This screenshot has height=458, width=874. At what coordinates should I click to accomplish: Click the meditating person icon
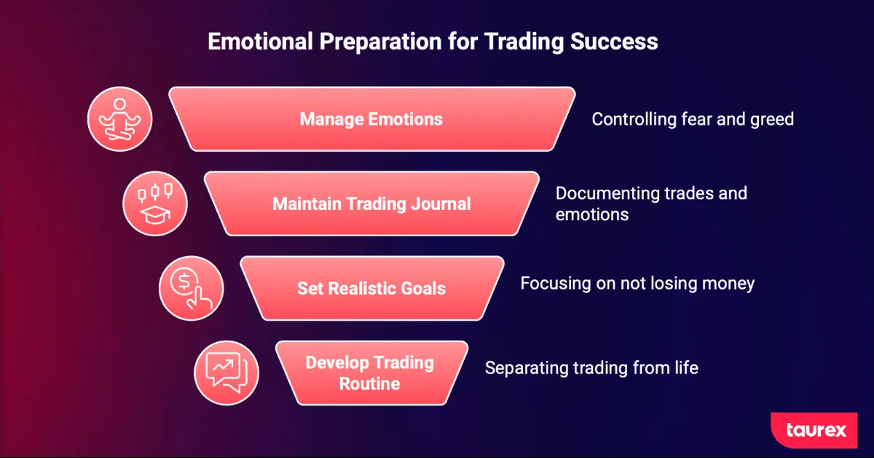(119, 119)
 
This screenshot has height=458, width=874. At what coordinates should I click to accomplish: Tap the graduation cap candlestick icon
(155, 203)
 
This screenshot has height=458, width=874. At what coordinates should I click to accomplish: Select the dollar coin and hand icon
(191, 288)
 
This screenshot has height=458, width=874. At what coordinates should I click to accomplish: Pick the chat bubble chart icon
(227, 373)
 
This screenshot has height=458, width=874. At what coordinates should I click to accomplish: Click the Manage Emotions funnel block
(372, 119)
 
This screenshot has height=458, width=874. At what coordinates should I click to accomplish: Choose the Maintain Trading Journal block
(372, 203)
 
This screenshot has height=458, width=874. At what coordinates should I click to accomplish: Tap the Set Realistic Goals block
(372, 288)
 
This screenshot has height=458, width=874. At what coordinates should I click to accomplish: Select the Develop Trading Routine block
(371, 373)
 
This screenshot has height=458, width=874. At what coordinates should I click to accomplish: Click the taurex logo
(814, 430)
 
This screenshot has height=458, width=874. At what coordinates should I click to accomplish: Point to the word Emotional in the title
(260, 42)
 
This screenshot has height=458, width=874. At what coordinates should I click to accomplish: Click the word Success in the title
(614, 42)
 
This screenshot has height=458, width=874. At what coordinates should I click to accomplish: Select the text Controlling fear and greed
(693, 119)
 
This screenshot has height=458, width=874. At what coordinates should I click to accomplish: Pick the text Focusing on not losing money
(637, 284)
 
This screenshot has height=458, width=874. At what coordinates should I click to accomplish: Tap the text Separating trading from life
(591, 368)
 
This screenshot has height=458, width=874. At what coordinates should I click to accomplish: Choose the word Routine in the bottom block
(369, 384)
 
